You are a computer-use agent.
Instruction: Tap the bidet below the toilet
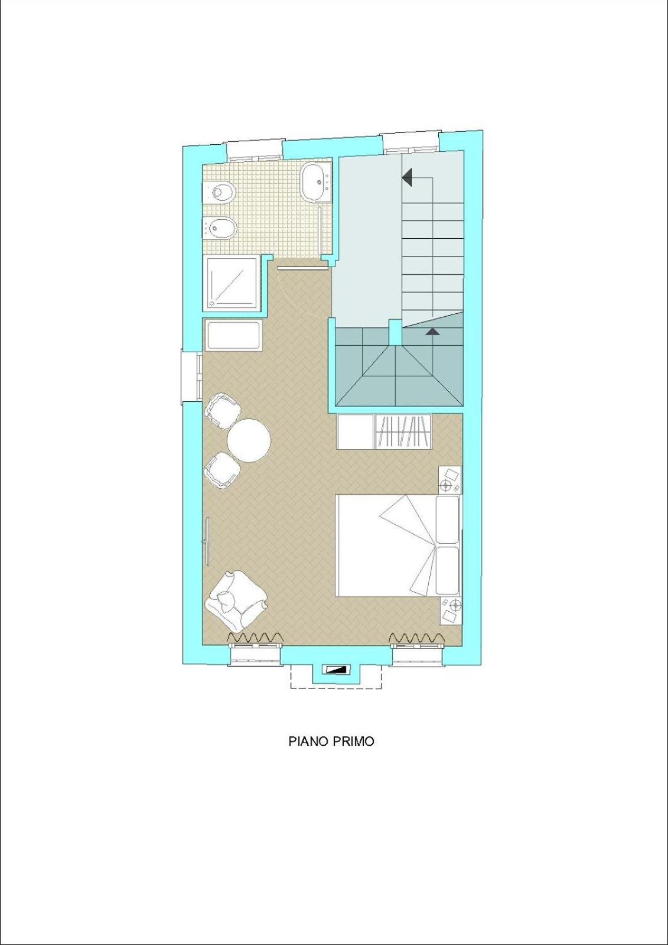[x=220, y=228]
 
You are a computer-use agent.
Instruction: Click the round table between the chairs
[x=249, y=440]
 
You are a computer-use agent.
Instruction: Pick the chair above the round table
[x=222, y=411]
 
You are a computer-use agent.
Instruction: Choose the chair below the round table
[x=222, y=470]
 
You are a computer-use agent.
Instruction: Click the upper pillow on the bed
[x=448, y=519]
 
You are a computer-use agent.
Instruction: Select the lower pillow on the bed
[x=448, y=571]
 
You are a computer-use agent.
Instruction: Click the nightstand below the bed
[x=450, y=611]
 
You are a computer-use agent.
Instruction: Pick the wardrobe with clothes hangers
[x=403, y=431]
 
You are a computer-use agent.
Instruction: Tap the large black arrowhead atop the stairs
[x=407, y=177]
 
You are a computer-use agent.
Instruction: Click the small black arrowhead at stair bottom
[x=433, y=332]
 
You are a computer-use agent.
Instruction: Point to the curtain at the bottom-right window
[x=416, y=637]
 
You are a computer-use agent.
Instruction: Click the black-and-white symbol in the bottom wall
[x=335, y=669]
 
